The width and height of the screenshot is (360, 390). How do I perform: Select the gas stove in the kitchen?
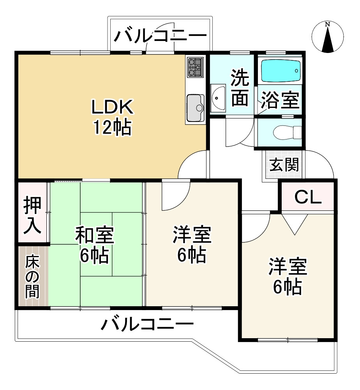click(195, 67)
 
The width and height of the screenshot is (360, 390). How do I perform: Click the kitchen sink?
click(196, 108)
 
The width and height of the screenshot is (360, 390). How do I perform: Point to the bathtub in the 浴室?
click(280, 71)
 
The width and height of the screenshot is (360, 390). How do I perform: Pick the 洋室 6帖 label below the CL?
click(287, 277)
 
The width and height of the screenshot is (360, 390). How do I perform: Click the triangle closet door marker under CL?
click(295, 224)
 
